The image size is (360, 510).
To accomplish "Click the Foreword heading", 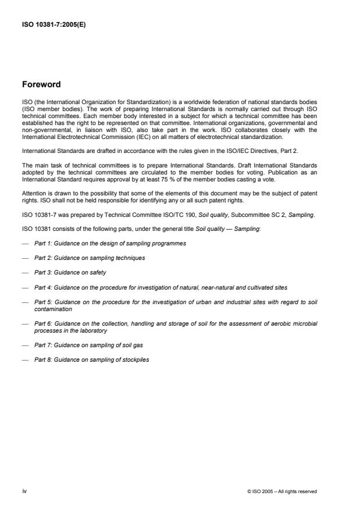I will click(x=42, y=84).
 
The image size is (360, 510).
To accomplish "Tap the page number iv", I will click(x=24, y=491).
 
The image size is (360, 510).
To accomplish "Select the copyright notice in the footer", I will click(x=282, y=491).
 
